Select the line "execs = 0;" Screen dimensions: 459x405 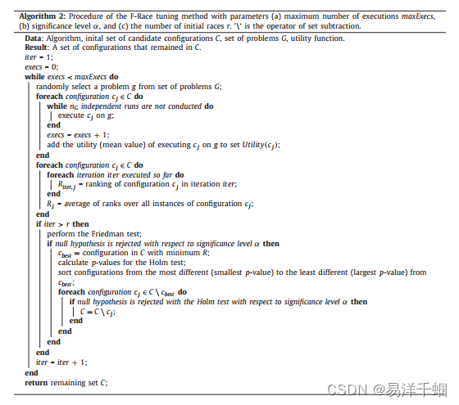(45, 67)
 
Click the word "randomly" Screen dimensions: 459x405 (52, 88)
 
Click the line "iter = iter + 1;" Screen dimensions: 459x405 (61, 361)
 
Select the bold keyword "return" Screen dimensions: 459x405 (36, 381)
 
